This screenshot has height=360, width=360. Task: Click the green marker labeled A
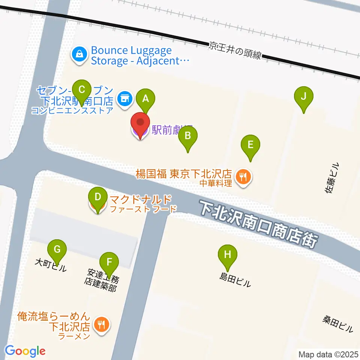coord(145,99)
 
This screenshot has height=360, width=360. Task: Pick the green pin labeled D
coord(97,196)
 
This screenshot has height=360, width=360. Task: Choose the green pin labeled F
coord(109,262)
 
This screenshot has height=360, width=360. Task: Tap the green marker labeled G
coord(57,249)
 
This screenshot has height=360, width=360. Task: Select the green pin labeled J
coord(304,96)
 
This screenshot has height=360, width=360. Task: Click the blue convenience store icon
coord(124,99)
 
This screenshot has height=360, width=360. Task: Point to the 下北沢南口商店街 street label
coord(259,223)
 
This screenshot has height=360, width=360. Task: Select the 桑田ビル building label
coord(337,324)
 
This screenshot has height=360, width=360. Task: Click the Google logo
coord(25,351)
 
